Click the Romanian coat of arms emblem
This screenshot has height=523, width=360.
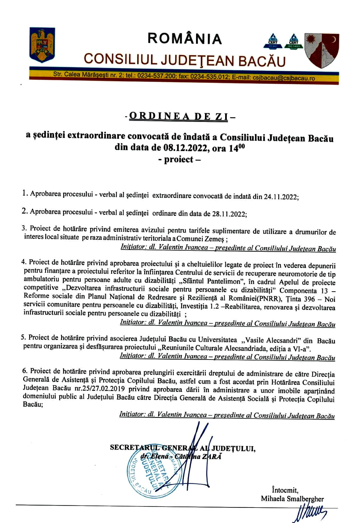[x=42, y=45]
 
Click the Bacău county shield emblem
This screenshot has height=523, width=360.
[x=322, y=51]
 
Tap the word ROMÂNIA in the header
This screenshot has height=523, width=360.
[x=184, y=39]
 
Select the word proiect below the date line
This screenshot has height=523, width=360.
[x=179, y=159]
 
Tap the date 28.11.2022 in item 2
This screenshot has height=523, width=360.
[x=229, y=214]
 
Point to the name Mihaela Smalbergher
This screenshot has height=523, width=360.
[x=292, y=499]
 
